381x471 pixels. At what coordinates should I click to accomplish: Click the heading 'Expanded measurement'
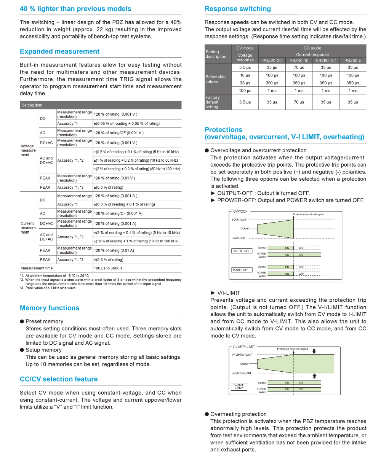click(x=59, y=51)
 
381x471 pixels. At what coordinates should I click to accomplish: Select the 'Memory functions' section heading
click(x=50, y=308)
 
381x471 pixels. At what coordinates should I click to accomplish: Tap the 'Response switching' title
click(x=238, y=9)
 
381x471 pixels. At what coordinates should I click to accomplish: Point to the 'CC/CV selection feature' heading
click(x=59, y=379)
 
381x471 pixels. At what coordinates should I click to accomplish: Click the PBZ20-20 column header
click(x=272, y=60)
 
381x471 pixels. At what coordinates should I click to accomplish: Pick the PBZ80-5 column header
click(x=353, y=60)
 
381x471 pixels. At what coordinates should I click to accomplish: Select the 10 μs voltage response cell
click(x=245, y=75)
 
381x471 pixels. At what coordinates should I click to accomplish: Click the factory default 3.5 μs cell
click(x=245, y=102)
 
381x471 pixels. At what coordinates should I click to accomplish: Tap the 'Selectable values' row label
click(x=216, y=79)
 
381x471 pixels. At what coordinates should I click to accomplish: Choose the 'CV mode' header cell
click(x=245, y=48)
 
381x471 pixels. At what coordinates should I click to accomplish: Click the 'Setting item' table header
click(x=32, y=105)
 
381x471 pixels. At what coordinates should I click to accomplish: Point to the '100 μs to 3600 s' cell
click(x=108, y=268)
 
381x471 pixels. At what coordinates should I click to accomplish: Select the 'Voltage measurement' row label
click(x=29, y=150)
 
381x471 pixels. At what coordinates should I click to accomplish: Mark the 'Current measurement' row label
click(x=29, y=228)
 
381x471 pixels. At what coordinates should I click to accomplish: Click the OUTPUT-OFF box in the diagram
click(x=241, y=251)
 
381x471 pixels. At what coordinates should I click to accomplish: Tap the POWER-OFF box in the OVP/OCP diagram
click(x=240, y=270)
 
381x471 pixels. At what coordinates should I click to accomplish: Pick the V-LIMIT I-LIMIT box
click(x=239, y=387)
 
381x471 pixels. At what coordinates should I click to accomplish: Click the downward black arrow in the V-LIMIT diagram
click(x=314, y=351)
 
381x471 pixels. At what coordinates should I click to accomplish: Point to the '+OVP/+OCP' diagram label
click(x=239, y=220)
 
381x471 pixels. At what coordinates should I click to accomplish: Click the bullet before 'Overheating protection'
click(x=207, y=414)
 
